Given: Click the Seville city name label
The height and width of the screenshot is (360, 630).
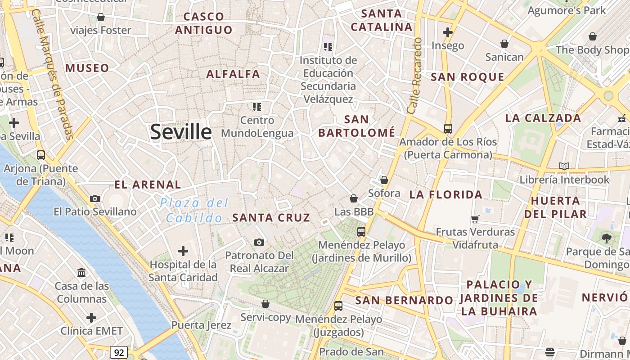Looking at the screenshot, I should point(181,132).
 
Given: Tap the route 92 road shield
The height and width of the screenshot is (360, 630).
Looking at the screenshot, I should point(118,352).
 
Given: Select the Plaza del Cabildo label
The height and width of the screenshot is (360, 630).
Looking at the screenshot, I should point(194,210).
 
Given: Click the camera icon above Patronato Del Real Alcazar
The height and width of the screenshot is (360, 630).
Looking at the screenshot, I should point(259,243).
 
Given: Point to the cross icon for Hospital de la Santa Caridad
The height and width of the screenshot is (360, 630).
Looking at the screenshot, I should point(183,251).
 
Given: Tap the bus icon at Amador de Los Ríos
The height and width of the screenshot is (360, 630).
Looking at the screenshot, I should point(448,128).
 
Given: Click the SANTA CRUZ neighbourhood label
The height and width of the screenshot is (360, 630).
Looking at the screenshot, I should point(271,218).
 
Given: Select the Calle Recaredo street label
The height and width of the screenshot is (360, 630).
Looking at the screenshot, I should point(414,75).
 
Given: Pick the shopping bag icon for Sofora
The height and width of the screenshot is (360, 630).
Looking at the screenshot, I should point(384,180).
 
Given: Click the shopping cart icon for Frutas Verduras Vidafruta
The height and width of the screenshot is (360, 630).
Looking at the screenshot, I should point(475,219).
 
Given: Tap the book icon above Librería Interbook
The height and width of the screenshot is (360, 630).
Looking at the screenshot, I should point(564,166).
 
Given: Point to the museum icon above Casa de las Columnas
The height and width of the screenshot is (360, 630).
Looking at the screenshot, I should point(82,272).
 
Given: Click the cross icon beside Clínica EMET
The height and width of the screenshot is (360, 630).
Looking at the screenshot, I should point(91,318).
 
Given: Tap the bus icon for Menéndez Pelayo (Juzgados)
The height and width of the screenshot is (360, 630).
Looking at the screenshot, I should point(338,306).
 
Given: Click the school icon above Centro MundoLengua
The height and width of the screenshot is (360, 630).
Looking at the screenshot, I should point(257,107).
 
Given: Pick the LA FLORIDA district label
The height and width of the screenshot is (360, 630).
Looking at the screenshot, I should point(445,195).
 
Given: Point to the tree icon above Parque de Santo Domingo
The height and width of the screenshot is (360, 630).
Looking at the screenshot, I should point(606,238).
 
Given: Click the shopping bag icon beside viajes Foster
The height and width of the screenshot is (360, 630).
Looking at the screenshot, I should point(101,17).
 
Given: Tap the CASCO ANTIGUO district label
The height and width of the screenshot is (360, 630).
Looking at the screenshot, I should point(204,23).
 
